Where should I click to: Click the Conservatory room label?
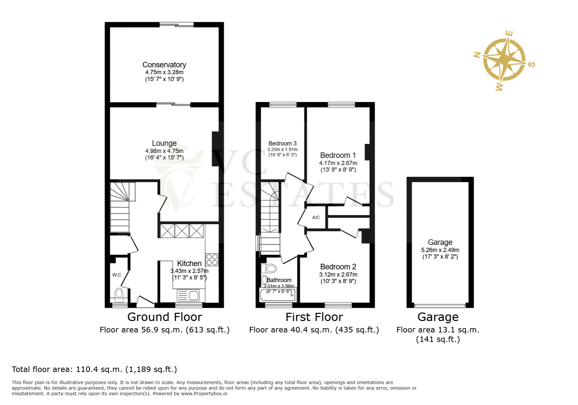pyautogui.click(x=164, y=65)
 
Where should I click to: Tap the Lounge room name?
pyautogui.click(x=164, y=143)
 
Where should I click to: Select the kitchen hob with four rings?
pyautogui.click(x=212, y=260)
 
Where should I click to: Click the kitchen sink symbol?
pyautogui.click(x=188, y=295)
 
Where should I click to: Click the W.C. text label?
pyautogui.click(x=117, y=275)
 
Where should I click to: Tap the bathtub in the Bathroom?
pyautogui.click(x=278, y=295)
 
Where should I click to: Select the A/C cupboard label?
pyautogui.click(x=316, y=217)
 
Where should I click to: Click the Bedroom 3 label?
pyautogui.click(x=282, y=143)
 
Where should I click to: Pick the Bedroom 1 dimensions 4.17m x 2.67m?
pyautogui.click(x=338, y=163)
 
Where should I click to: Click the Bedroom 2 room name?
pyautogui.click(x=338, y=267)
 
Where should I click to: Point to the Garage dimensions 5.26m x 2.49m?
pyautogui.click(x=440, y=250)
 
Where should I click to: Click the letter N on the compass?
pyautogui.click(x=477, y=55)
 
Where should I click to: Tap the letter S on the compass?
pyautogui.click(x=532, y=64)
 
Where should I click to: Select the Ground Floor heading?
pyautogui.click(x=164, y=317)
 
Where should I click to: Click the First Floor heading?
pyautogui.click(x=314, y=317)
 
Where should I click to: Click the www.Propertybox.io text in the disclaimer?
pyautogui.click(x=204, y=394)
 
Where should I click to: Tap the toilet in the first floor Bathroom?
pyautogui.click(x=270, y=269)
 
